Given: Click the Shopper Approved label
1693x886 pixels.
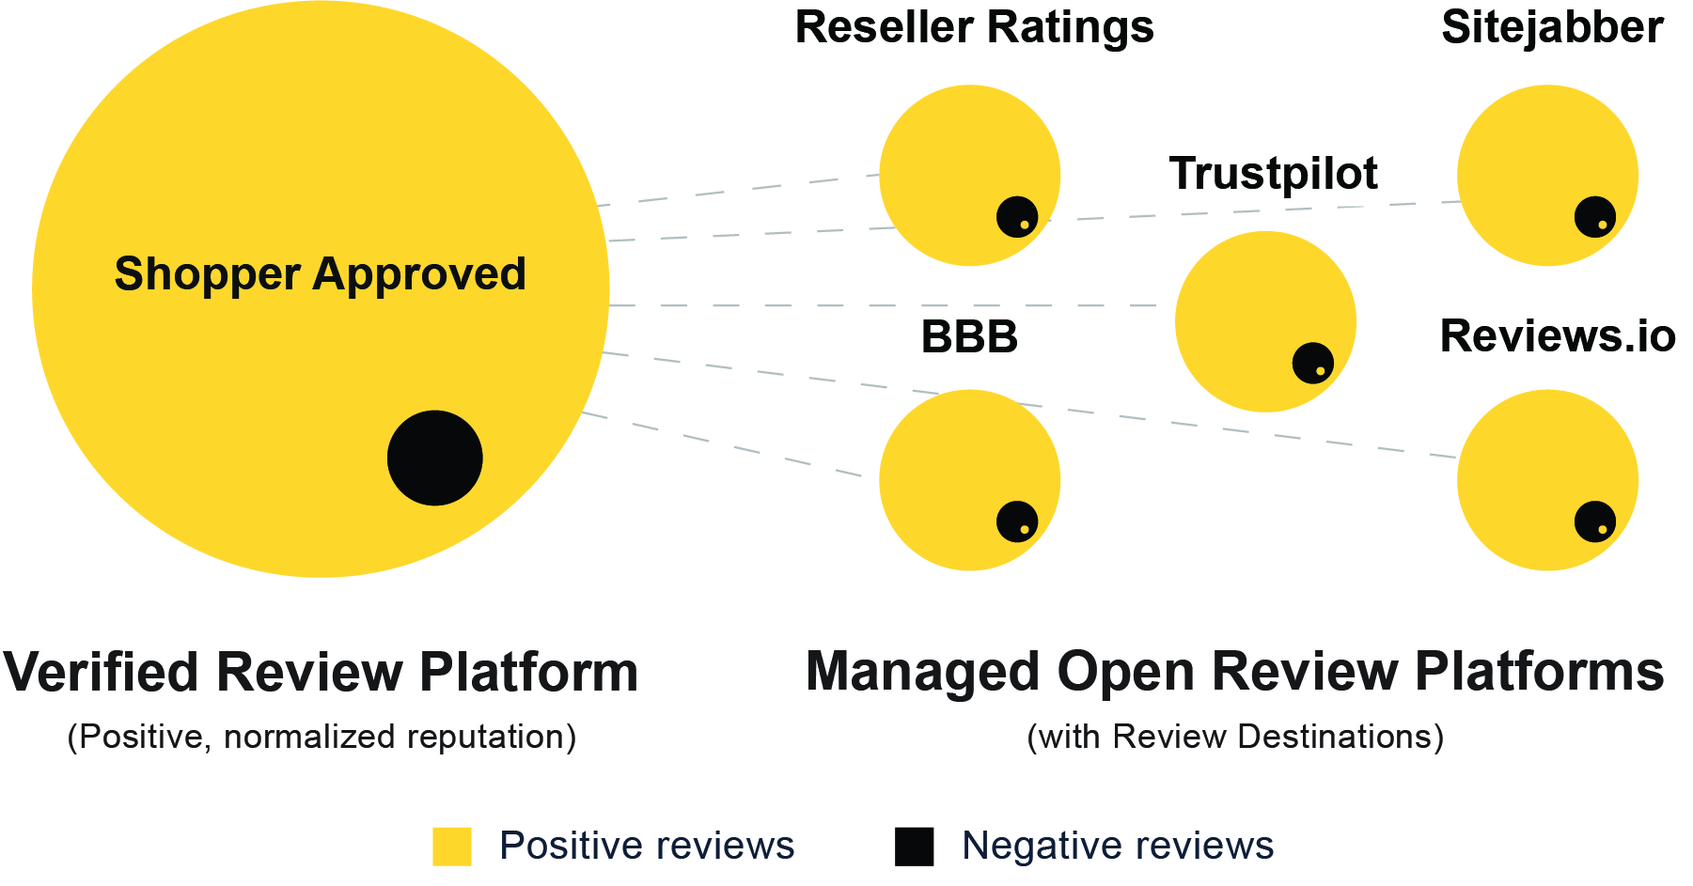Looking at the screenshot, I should [x=320, y=274].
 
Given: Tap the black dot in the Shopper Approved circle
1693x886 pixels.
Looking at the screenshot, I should [x=435, y=458].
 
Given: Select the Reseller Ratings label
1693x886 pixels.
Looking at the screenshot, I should [x=974, y=27].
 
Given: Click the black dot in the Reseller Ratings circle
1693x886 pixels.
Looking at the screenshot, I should [x=1017, y=217].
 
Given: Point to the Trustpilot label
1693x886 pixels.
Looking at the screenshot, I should [x=1273, y=174].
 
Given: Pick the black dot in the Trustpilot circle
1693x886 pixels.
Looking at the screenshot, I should [x=1313, y=363].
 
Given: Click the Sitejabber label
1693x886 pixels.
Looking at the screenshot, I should [x=1552, y=27].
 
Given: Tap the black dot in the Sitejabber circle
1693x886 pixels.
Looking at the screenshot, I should [x=1595, y=217].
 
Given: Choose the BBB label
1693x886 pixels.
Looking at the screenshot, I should [x=969, y=337].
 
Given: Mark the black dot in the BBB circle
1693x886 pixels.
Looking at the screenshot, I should [x=1017, y=521].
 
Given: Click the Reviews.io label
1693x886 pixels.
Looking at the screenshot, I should [x=1558, y=336].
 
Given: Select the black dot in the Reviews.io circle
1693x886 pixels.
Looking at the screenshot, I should [x=1595, y=521].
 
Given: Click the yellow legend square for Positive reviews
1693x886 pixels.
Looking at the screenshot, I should [x=451, y=847].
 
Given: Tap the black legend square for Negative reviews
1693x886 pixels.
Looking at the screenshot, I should [x=914, y=847].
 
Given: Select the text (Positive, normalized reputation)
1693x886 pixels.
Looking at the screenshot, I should [x=321, y=737].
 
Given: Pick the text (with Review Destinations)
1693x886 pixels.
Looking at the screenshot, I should [x=1235, y=737].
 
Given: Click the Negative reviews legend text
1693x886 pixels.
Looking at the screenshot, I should [x=1118, y=846].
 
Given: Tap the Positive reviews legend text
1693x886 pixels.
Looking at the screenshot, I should [x=647, y=846].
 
